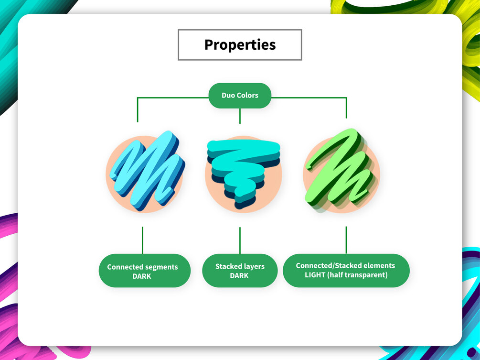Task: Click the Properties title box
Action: click(x=240, y=45)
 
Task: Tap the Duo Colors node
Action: click(x=240, y=96)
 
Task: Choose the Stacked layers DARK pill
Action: click(x=240, y=271)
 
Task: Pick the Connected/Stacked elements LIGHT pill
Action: click(x=346, y=271)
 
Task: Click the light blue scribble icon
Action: click(x=146, y=171)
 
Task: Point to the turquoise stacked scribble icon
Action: click(x=244, y=174)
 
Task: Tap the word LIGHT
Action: click(x=315, y=275)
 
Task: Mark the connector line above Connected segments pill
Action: click(x=143, y=240)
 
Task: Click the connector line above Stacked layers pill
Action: click(x=240, y=240)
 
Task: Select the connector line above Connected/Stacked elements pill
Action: click(x=346, y=240)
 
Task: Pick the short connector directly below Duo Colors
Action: click(x=240, y=116)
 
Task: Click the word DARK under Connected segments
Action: click(x=142, y=276)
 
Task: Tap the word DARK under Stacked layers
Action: click(x=239, y=275)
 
